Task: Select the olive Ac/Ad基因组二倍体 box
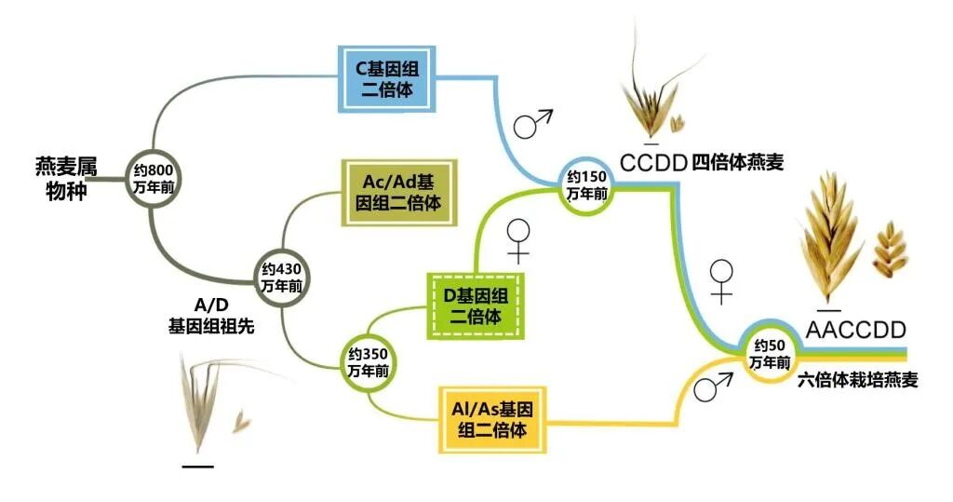[403, 192]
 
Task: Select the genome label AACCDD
[855, 331]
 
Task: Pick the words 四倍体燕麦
[738, 163]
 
